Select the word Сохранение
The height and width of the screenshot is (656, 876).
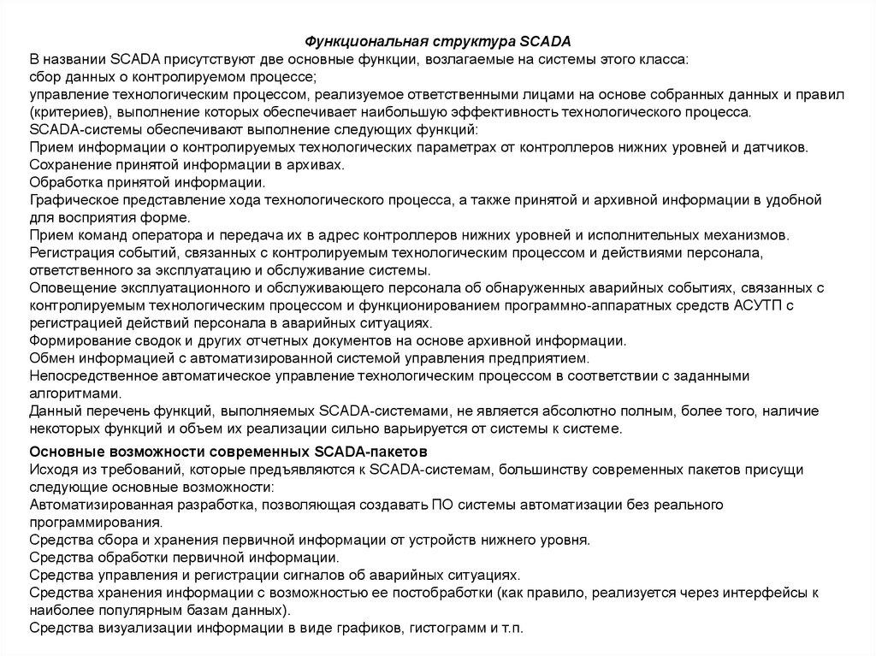[67, 165]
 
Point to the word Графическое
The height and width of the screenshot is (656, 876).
[70, 200]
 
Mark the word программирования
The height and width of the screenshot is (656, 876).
[95, 523]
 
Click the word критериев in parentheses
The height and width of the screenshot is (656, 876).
[66, 112]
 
